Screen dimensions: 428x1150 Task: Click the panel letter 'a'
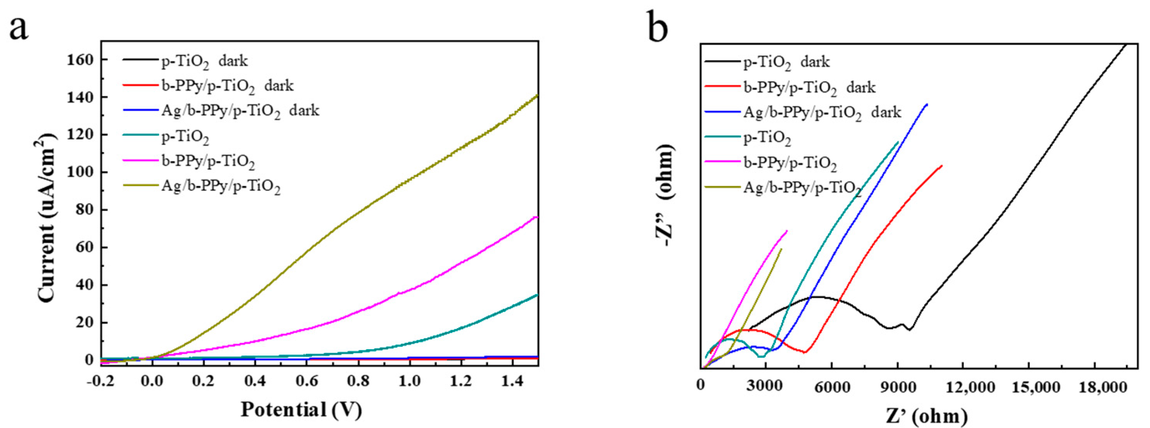pos(19,28)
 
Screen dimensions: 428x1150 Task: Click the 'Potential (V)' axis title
pos(301,409)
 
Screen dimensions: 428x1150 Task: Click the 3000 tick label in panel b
pos(766,387)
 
